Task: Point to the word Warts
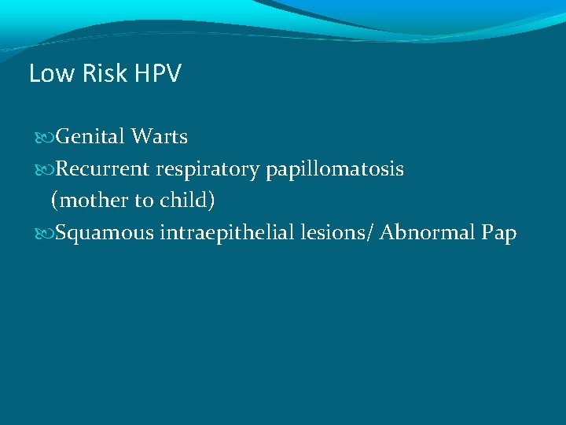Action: point(160,137)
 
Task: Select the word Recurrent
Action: point(103,168)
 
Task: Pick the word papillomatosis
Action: point(335,169)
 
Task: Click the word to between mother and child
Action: point(144,201)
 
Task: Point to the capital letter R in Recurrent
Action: point(63,168)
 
